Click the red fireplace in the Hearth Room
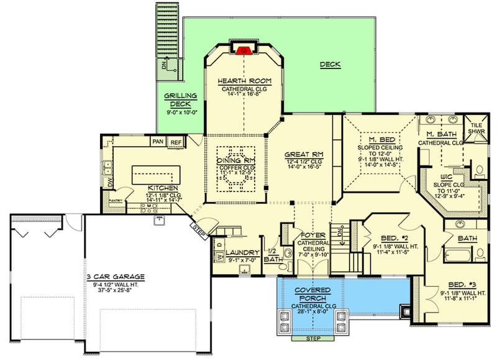click(244, 48)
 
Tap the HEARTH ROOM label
click(244, 81)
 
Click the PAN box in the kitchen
click(158, 142)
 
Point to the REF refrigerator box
click(176, 142)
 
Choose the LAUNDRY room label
click(242, 252)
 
